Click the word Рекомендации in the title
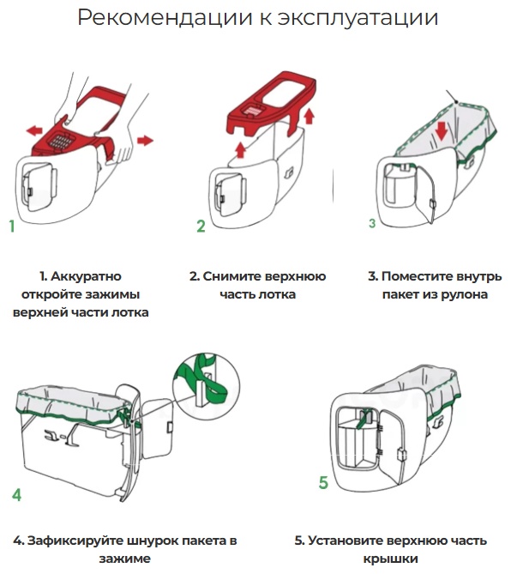(x=165, y=17)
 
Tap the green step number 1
(x=12, y=227)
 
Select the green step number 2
(x=201, y=226)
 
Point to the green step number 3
(x=372, y=223)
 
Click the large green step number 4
(x=17, y=494)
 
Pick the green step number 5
(x=323, y=482)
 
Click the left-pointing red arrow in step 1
(x=34, y=130)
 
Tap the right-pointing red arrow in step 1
(x=145, y=140)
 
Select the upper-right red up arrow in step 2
(x=310, y=116)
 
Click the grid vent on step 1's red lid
(x=61, y=141)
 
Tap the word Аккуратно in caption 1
(x=86, y=276)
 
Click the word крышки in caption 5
(x=391, y=559)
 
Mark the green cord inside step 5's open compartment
(x=363, y=419)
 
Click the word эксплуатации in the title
(x=358, y=18)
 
